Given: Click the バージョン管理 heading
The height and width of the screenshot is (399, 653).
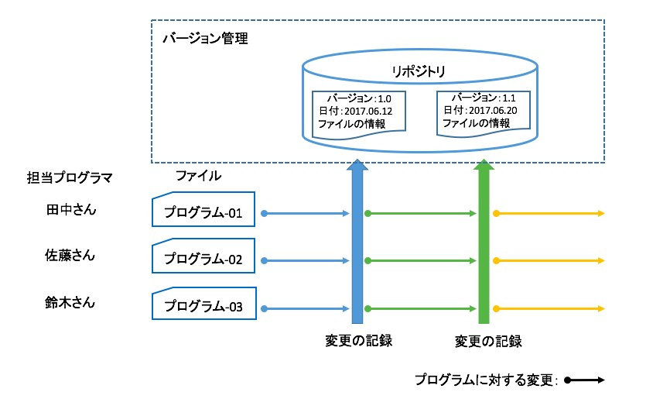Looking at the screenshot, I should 205,38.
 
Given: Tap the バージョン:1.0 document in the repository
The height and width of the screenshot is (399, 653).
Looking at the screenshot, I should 358,114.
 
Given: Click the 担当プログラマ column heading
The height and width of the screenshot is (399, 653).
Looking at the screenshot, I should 70,178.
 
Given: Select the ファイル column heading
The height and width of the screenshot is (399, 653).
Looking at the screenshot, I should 198,176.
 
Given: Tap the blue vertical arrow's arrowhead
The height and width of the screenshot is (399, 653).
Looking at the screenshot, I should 357,165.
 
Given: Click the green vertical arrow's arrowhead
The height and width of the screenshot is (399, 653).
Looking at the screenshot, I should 484,165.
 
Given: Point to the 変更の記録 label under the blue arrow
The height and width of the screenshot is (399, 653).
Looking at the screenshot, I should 359,340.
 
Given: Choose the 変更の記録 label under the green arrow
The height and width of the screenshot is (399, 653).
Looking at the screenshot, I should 487,341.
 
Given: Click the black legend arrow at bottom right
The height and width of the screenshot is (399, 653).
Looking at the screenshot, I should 584,380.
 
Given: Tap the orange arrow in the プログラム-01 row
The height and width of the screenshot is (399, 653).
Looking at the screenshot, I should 549,213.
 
